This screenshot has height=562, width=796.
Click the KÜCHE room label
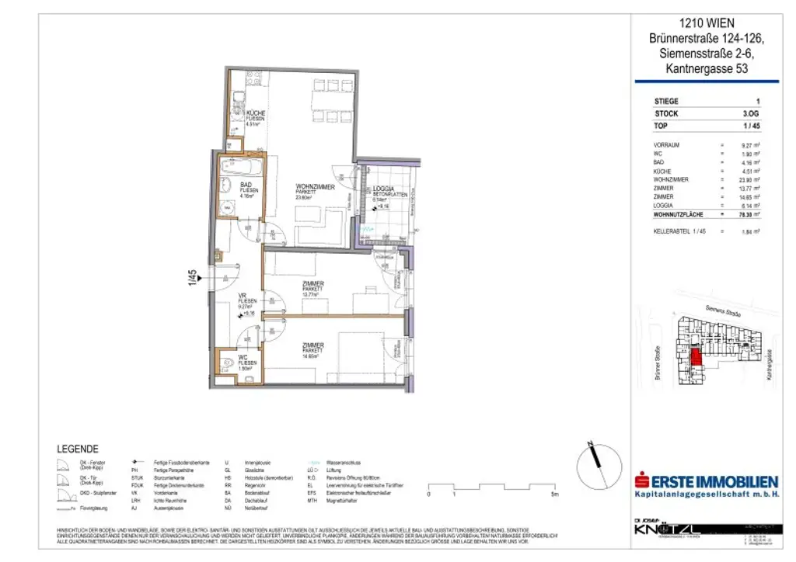click(x=256, y=113)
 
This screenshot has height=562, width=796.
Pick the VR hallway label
click(x=243, y=296)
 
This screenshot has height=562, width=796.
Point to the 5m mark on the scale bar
click(x=553, y=493)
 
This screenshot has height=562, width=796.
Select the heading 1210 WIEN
click(x=706, y=24)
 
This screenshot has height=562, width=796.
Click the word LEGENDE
click(x=78, y=449)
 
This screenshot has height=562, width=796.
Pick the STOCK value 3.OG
click(x=752, y=113)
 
